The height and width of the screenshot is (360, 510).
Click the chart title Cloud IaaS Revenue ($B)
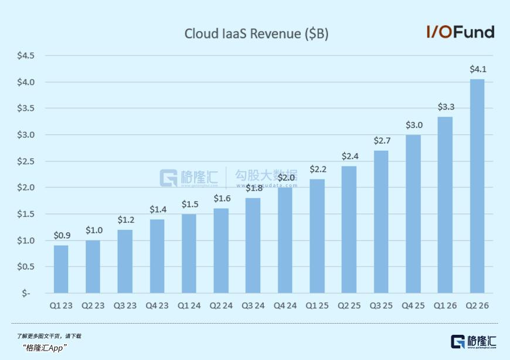[x=256, y=34]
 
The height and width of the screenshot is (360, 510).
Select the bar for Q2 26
[x=477, y=186]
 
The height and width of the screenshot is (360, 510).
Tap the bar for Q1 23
[x=61, y=269]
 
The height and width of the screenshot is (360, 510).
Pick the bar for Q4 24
[x=285, y=240]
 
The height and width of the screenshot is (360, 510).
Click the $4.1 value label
[x=478, y=69]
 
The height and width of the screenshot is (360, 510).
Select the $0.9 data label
[x=61, y=236]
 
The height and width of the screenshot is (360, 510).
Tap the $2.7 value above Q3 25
[x=382, y=141]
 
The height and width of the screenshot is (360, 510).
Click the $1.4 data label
[x=157, y=209]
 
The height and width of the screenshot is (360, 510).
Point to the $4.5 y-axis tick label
[x=26, y=56]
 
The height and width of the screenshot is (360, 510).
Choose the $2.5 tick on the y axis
[x=26, y=161]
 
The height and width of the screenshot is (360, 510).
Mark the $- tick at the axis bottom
[x=26, y=293]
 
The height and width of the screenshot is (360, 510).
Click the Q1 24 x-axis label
[x=189, y=306]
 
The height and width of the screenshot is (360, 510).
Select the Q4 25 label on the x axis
[x=413, y=306]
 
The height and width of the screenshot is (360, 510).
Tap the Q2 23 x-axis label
[x=93, y=306]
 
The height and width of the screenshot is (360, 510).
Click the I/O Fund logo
[x=460, y=32]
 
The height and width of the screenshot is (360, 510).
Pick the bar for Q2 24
[x=221, y=250]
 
